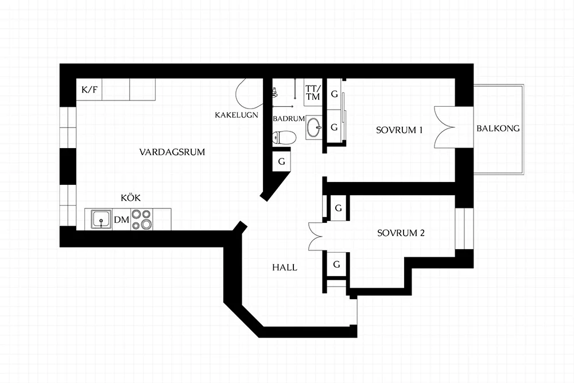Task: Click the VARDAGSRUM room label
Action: (x=172, y=152)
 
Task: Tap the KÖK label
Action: (x=131, y=198)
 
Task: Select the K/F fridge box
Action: (x=90, y=90)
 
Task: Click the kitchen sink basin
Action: (x=102, y=219)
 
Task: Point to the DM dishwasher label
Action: (x=122, y=220)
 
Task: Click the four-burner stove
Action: (x=142, y=219)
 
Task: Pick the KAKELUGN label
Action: (x=236, y=115)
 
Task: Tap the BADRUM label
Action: (x=289, y=119)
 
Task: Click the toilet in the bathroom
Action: (x=284, y=138)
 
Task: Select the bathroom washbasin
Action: (x=314, y=128)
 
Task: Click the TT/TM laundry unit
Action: (x=313, y=92)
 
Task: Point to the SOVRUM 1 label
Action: (x=400, y=130)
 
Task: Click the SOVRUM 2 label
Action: (x=401, y=233)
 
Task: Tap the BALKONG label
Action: (x=498, y=129)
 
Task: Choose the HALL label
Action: (x=285, y=268)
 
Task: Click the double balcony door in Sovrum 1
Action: (x=444, y=127)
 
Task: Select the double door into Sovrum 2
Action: (x=316, y=236)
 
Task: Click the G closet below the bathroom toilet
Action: (x=281, y=161)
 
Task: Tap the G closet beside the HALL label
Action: (x=337, y=264)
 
